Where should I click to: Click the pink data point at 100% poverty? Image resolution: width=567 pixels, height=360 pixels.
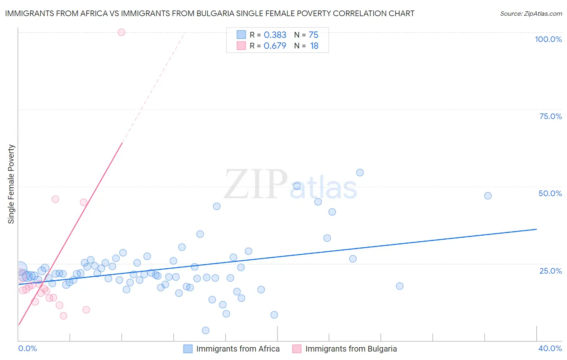tap(121, 32)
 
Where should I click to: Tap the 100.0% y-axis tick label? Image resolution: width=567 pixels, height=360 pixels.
tap(548, 39)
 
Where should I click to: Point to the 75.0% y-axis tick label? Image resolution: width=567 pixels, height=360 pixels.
tap(550, 116)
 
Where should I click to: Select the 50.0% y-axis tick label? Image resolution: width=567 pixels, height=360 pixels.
tap(550, 193)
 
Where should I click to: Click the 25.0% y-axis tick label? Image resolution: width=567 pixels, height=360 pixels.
tap(550, 270)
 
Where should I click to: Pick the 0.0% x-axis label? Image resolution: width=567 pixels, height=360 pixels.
tap(27, 348)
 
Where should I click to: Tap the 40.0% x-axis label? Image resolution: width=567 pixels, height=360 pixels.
tap(550, 348)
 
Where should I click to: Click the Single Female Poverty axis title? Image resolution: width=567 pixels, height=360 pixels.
tap(11, 184)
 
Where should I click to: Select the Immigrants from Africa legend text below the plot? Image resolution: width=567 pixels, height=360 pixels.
tap(238, 349)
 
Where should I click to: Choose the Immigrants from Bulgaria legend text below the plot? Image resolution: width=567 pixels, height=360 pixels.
tap(351, 349)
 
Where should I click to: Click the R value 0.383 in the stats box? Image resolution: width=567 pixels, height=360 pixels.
tap(275, 35)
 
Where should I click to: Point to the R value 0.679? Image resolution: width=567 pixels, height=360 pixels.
tap(275, 46)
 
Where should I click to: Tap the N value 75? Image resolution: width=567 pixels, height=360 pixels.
tap(313, 35)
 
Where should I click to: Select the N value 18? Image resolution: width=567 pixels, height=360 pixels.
tap(314, 46)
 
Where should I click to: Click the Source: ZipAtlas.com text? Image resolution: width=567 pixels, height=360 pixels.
tap(531, 14)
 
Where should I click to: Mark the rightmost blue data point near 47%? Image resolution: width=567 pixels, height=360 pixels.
tap(488, 196)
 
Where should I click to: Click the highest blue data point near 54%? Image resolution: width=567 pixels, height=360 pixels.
tap(360, 173)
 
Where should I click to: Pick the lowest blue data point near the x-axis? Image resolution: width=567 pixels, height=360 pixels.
tap(205, 331)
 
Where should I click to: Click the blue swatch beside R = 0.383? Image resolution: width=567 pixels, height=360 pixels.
tap(241, 35)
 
